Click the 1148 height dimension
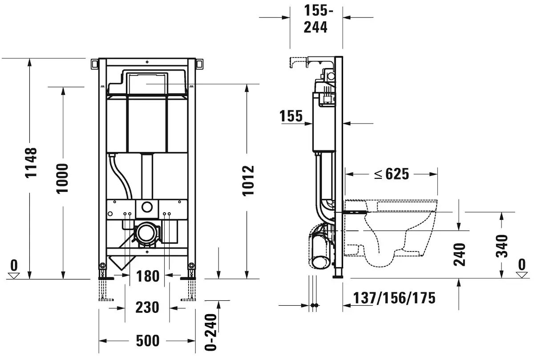click(x=31, y=163)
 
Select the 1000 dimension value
click(x=62, y=178)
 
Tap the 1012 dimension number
click(x=248, y=181)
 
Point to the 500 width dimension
click(x=148, y=341)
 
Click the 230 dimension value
click(x=147, y=307)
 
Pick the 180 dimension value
click(x=148, y=276)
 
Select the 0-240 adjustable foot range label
click(x=211, y=332)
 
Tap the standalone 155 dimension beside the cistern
click(x=291, y=116)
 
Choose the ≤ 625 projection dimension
click(x=392, y=174)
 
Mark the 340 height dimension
click(x=502, y=246)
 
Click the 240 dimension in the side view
click(x=459, y=255)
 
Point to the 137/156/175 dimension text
click(x=394, y=298)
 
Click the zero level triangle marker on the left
click(x=14, y=276)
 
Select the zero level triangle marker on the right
click(x=522, y=275)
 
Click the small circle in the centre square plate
click(x=147, y=207)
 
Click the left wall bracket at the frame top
click(x=95, y=64)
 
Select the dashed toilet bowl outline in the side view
click(x=391, y=234)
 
